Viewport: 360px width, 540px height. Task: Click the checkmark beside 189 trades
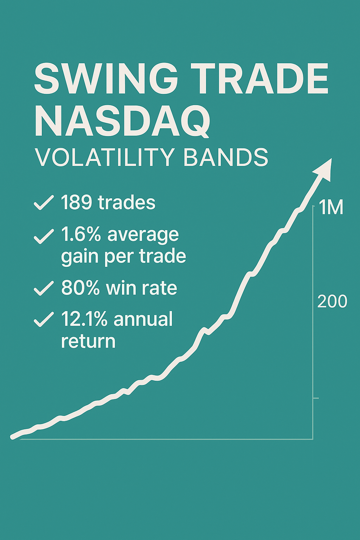pyautogui.click(x=44, y=203)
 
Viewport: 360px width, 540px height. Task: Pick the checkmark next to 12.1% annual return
pyautogui.click(x=44, y=319)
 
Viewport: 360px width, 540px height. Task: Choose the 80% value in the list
pyautogui.click(x=81, y=288)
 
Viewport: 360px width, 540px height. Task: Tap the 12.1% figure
pyautogui.click(x=84, y=319)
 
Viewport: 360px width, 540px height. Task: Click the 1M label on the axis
pyautogui.click(x=331, y=208)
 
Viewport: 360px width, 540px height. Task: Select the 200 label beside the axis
pyautogui.click(x=332, y=301)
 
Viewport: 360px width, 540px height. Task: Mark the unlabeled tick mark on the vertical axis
pyautogui.click(x=315, y=398)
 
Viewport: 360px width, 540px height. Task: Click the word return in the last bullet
pyautogui.click(x=88, y=341)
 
